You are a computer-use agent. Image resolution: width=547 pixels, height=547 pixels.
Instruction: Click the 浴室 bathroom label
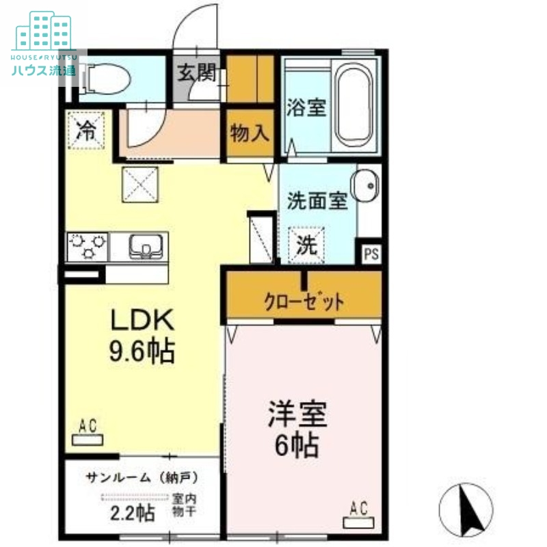[x=306, y=107]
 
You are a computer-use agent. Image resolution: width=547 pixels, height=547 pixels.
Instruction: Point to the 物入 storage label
[x=250, y=133]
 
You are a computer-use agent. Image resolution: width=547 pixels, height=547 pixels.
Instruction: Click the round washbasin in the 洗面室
[x=365, y=185]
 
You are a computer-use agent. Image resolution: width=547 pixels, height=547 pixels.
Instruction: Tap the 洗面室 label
[x=317, y=202]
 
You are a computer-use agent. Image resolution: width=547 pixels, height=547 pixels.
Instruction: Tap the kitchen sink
[x=144, y=245]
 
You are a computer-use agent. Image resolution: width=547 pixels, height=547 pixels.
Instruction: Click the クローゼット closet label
[x=304, y=301]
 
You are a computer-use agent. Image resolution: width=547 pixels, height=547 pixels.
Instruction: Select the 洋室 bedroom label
[x=297, y=416]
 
